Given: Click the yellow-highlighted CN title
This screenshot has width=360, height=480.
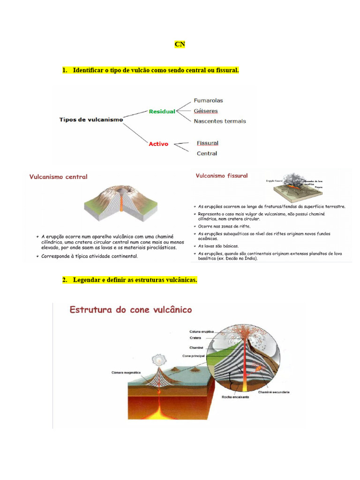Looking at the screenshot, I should pos(180,45).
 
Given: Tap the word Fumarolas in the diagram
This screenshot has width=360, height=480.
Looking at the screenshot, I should pos(208,100).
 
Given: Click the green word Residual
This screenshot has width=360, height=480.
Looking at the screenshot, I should pos(162,112).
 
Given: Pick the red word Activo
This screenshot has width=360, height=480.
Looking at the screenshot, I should pos(158,144).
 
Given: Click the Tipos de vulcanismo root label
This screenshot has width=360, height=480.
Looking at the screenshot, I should pos(91,120).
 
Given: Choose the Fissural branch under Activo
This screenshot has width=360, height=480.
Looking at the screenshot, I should pos(208,143).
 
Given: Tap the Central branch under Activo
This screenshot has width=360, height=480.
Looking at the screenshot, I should pos(207,153).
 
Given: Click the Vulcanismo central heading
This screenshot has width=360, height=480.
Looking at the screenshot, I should pos(58,177).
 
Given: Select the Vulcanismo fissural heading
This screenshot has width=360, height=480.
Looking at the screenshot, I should pos(222,176).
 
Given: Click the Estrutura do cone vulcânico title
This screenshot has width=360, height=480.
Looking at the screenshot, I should pos(131,310).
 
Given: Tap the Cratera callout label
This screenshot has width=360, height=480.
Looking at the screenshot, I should pos(195,337).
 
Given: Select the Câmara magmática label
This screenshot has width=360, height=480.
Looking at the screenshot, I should pos(126,372).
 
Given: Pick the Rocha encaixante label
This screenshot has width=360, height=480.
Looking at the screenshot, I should pos(235,397).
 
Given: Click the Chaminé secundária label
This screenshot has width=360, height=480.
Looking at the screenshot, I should pos(273,392).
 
